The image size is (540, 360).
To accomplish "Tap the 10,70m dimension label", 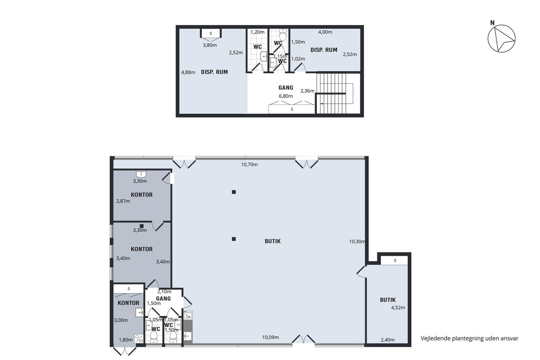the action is point(249,164).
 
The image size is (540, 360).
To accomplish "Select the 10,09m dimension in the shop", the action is point(270,337).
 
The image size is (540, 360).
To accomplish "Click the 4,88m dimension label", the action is point(188,72).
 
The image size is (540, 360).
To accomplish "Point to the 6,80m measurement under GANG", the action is point(286,96).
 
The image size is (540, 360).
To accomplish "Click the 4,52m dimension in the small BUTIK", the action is point(398,308).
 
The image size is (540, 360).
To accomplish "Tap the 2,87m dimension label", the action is point(123,201).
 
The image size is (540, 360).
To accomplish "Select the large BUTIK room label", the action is point(273,241).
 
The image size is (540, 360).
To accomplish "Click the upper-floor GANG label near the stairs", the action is point(286,88).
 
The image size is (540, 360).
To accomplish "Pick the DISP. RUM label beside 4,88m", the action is point(214,72).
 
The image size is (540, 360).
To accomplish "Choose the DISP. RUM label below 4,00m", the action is point(324,50).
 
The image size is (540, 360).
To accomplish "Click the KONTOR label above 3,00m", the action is point(128,303).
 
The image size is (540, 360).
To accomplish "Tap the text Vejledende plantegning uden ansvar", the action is point(469,338).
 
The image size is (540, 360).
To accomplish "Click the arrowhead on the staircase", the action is point(322,104).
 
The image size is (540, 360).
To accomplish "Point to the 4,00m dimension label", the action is point(325,32).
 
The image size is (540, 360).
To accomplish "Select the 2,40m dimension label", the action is point(388,340).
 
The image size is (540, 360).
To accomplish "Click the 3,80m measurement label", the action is point(210,45).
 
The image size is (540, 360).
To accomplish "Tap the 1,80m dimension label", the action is point(126,340).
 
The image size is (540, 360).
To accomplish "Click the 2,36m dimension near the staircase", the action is point(307,91).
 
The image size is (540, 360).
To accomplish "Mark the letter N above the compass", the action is point(493,23).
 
